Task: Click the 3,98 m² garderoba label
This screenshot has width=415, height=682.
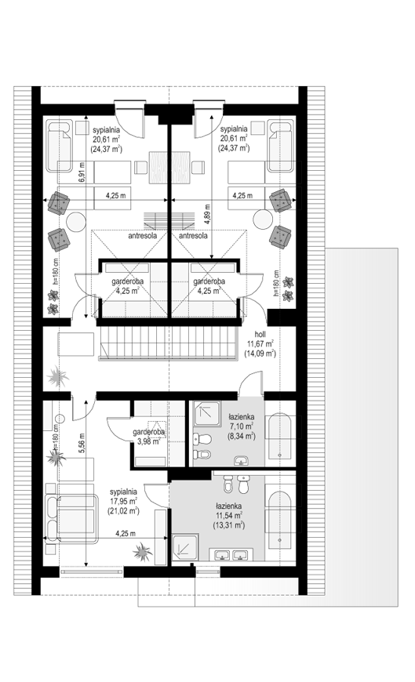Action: [x=149, y=437]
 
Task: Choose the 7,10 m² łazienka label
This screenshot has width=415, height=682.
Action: [x=240, y=426]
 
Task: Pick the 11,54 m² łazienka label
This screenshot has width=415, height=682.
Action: [x=228, y=515]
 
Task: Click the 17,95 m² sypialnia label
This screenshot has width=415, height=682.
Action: [x=124, y=502]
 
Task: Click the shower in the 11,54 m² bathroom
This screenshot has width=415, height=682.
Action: [x=185, y=547]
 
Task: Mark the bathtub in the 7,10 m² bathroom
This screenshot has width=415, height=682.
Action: [x=279, y=437]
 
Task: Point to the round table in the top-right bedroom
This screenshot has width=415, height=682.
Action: [x=264, y=219]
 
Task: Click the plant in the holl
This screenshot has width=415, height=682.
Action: [x=58, y=375]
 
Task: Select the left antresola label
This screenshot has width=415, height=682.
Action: [x=143, y=236]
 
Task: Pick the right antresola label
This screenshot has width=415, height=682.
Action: [x=193, y=236]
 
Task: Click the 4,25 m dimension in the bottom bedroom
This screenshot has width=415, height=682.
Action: [x=126, y=533]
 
